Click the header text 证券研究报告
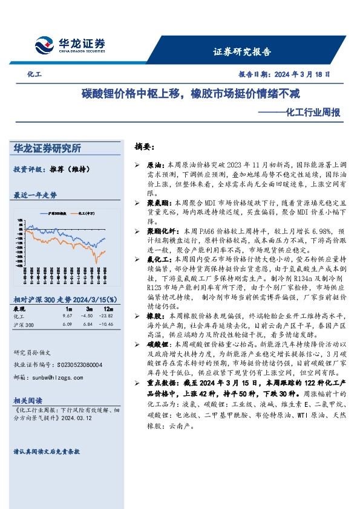[242, 51]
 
